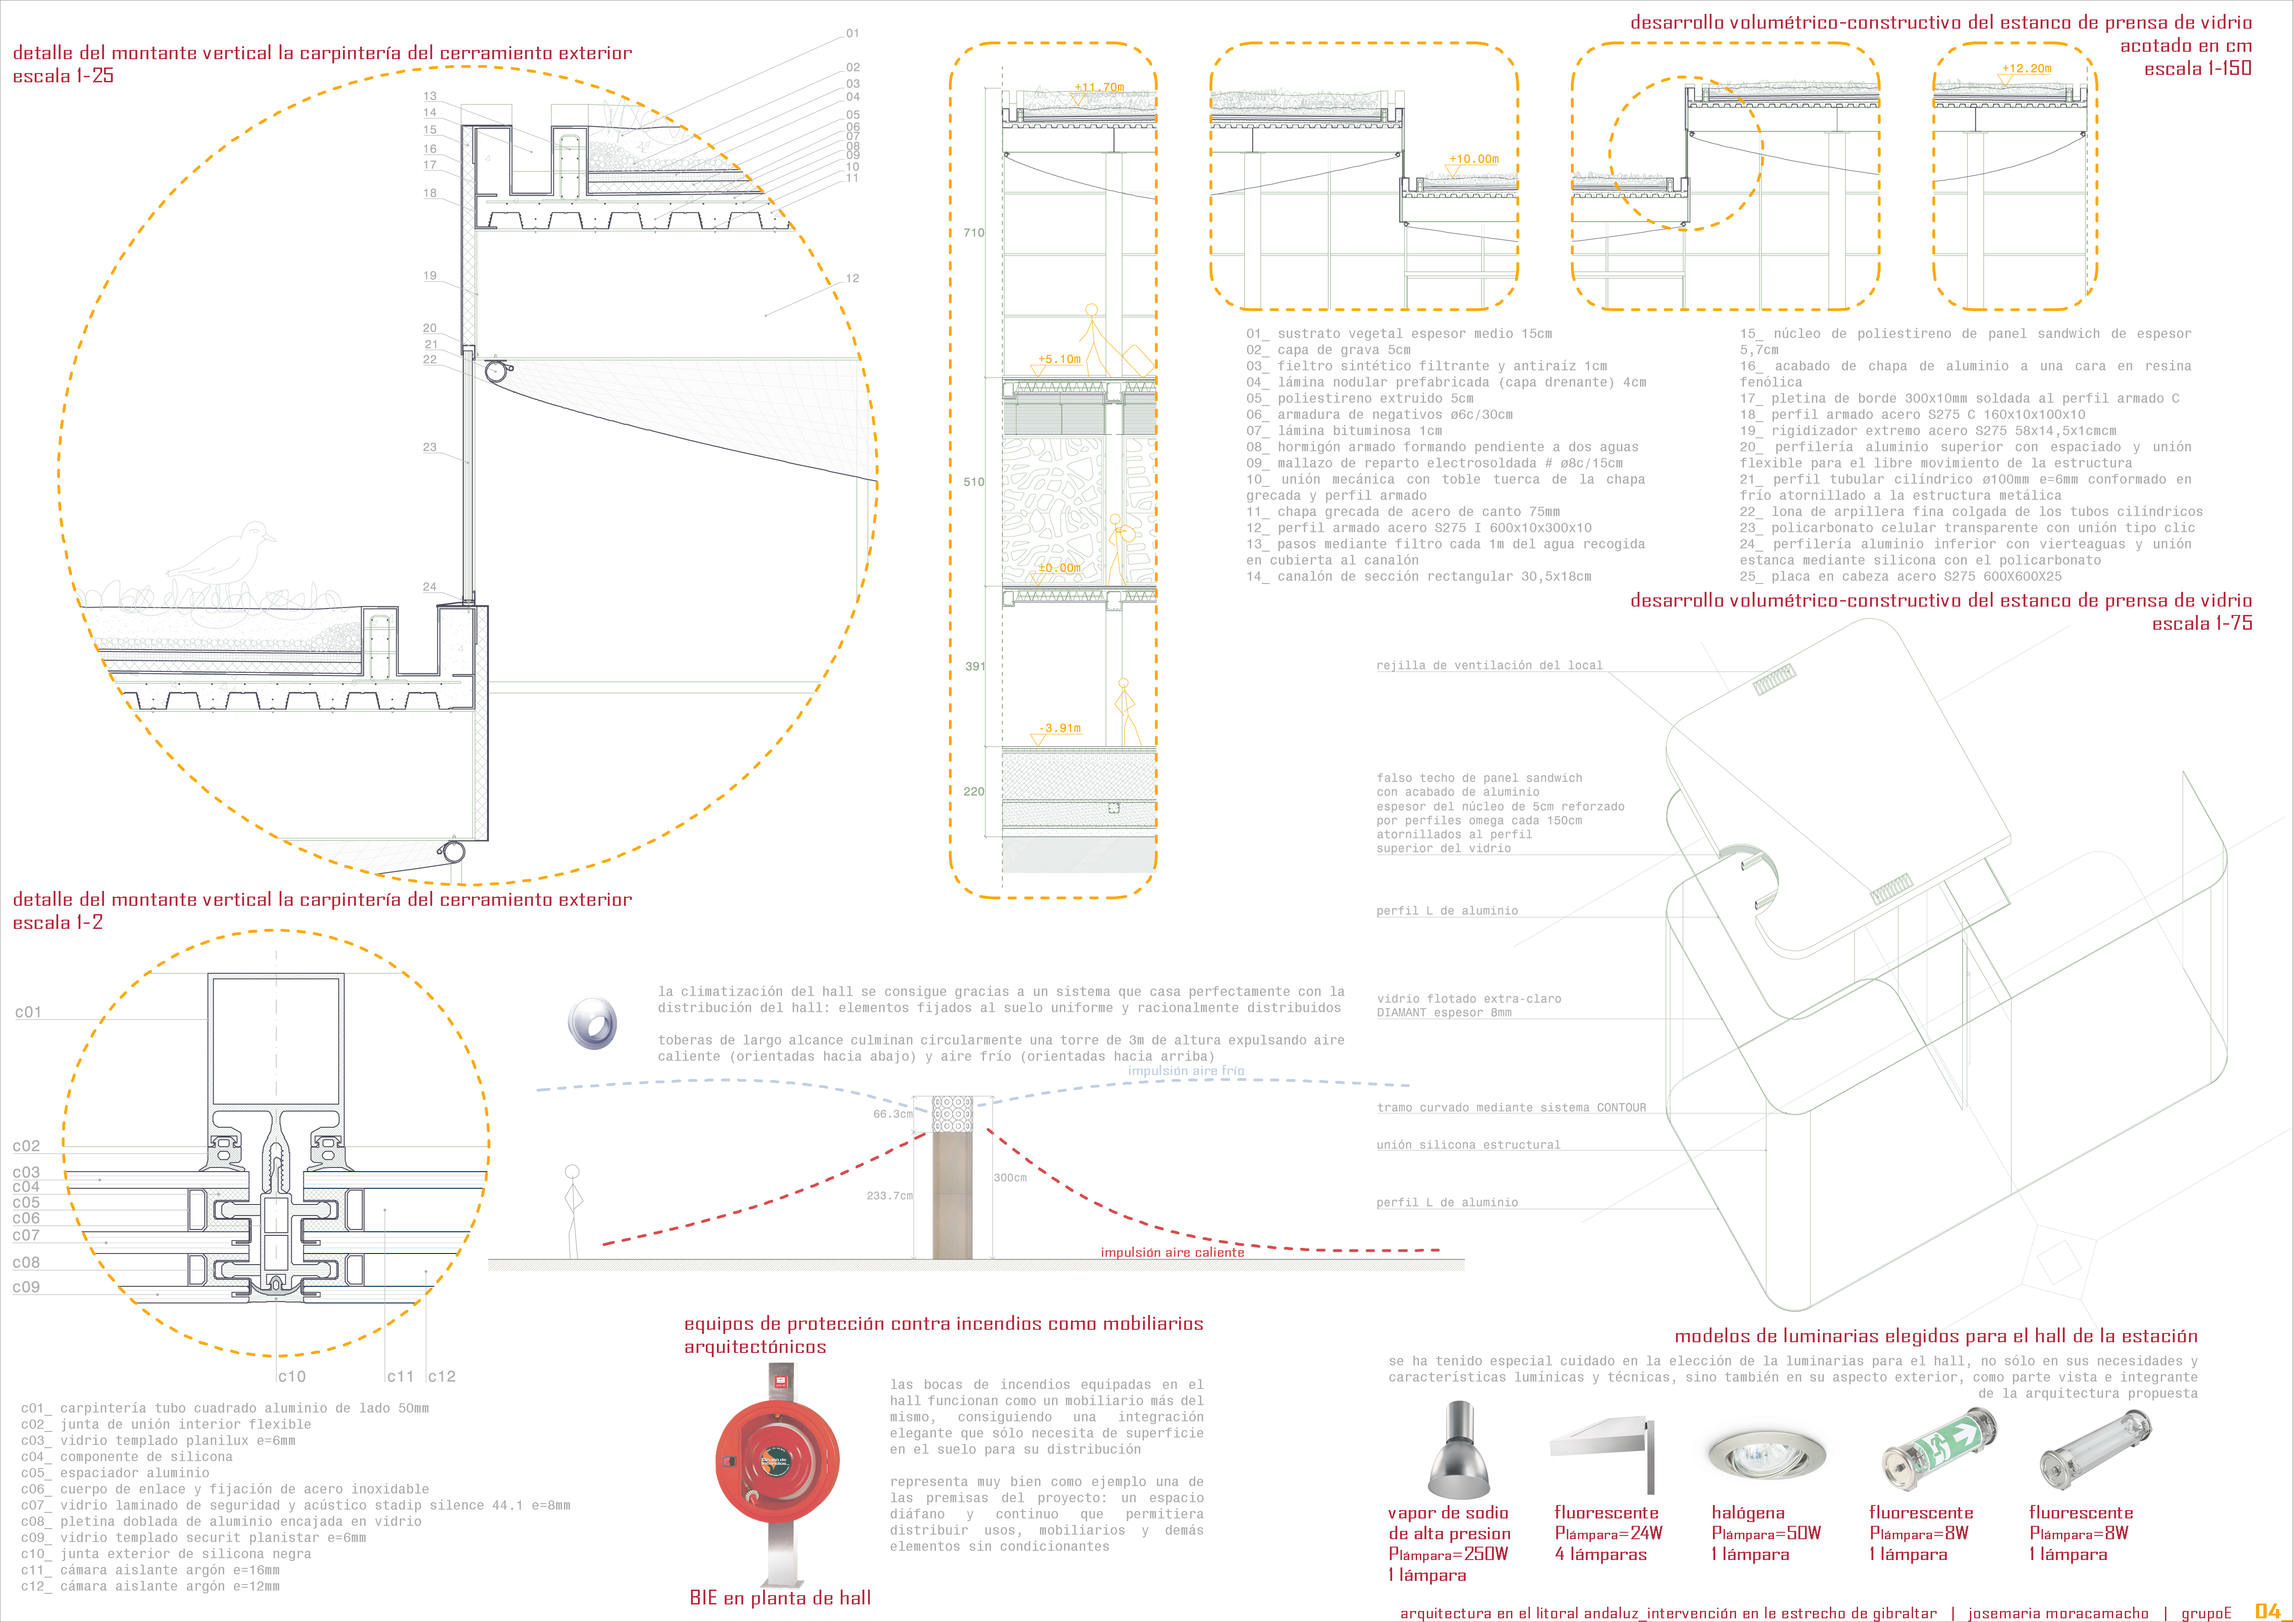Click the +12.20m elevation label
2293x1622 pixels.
[x=2026, y=69]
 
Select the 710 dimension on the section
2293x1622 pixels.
[x=974, y=233]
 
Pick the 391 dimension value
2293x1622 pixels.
[x=975, y=666]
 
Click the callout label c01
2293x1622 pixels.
[x=28, y=1012]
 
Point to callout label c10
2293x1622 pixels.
[x=292, y=1376]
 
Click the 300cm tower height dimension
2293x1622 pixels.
[x=1009, y=1178]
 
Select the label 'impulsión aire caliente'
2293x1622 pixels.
[x=1173, y=1253]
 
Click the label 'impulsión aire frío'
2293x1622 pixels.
[x=1186, y=1071]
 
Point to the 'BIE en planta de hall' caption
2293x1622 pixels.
[x=780, y=1598]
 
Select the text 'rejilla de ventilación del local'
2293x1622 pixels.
[x=1489, y=665]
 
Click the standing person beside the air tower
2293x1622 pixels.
[x=572, y=1210]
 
